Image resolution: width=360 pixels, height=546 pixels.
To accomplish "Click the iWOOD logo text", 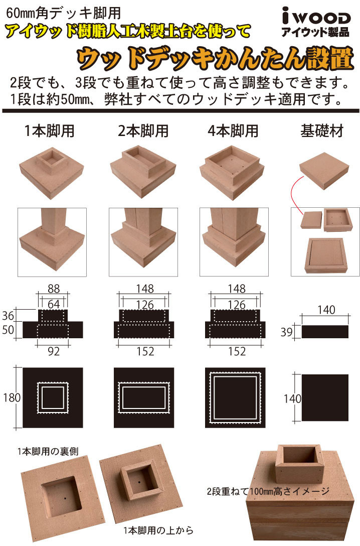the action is click(x=316, y=17).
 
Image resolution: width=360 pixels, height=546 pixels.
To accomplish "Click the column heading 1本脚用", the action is click(x=50, y=131).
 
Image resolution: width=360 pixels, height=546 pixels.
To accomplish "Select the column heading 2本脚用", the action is click(x=143, y=131).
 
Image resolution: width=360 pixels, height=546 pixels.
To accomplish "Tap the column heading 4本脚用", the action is click(x=233, y=131).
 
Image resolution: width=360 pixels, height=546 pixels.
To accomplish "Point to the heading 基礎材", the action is click(x=322, y=131).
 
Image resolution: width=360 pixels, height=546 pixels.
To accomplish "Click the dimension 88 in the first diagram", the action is click(x=54, y=289).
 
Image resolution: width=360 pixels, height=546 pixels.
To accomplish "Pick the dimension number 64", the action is click(x=54, y=304).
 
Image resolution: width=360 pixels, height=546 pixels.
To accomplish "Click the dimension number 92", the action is click(x=54, y=351).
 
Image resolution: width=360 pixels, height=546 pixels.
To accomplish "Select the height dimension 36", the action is click(x=8, y=316).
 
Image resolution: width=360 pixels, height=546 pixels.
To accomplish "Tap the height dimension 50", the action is click(x=8, y=329).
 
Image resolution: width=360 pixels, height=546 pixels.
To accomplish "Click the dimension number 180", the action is click(x=12, y=397).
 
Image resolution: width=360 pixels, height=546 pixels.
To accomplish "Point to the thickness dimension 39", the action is click(x=287, y=332).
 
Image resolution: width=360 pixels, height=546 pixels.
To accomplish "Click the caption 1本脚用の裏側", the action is click(x=48, y=452).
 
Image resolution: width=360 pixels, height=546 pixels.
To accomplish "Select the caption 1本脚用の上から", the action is click(x=158, y=530).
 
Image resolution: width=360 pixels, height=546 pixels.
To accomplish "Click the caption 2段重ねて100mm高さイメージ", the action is click(x=268, y=491).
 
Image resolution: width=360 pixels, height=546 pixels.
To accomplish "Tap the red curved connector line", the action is click(x=291, y=195).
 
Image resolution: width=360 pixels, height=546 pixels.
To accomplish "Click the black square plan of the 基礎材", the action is click(x=325, y=397).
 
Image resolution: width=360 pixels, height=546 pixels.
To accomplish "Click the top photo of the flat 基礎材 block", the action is click(x=324, y=171).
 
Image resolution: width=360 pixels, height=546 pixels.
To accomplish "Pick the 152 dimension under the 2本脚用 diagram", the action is click(x=145, y=351).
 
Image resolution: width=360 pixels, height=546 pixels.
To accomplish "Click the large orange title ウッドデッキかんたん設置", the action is click(x=215, y=58).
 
